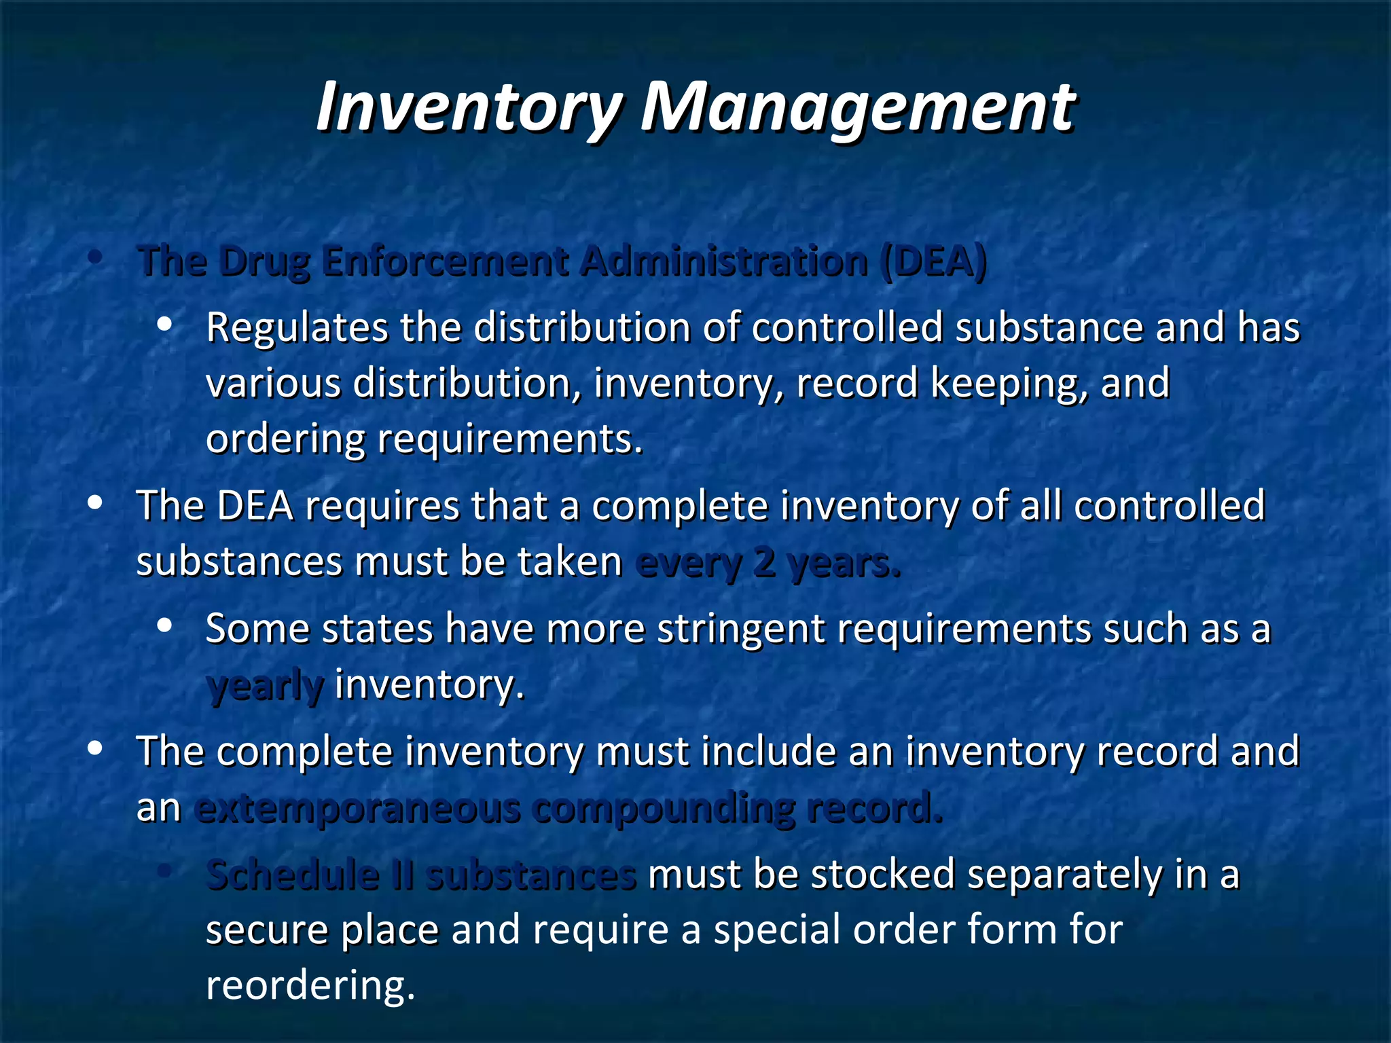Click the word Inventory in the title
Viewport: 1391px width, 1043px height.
tap(469, 107)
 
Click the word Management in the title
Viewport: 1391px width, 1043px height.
tap(858, 107)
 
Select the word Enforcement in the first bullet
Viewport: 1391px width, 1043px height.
tap(445, 261)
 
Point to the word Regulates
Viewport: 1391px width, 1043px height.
tap(296, 328)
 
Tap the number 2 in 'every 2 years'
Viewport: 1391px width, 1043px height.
tap(764, 563)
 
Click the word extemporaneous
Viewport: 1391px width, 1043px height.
tap(357, 808)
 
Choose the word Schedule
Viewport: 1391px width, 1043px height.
tap(293, 875)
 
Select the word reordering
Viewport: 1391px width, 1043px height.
tap(310, 985)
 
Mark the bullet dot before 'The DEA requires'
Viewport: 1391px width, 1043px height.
tap(95, 503)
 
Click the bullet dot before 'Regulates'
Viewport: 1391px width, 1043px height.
tap(164, 325)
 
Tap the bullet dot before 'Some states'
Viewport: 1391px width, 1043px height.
tap(164, 626)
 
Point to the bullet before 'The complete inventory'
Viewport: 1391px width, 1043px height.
tap(95, 748)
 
